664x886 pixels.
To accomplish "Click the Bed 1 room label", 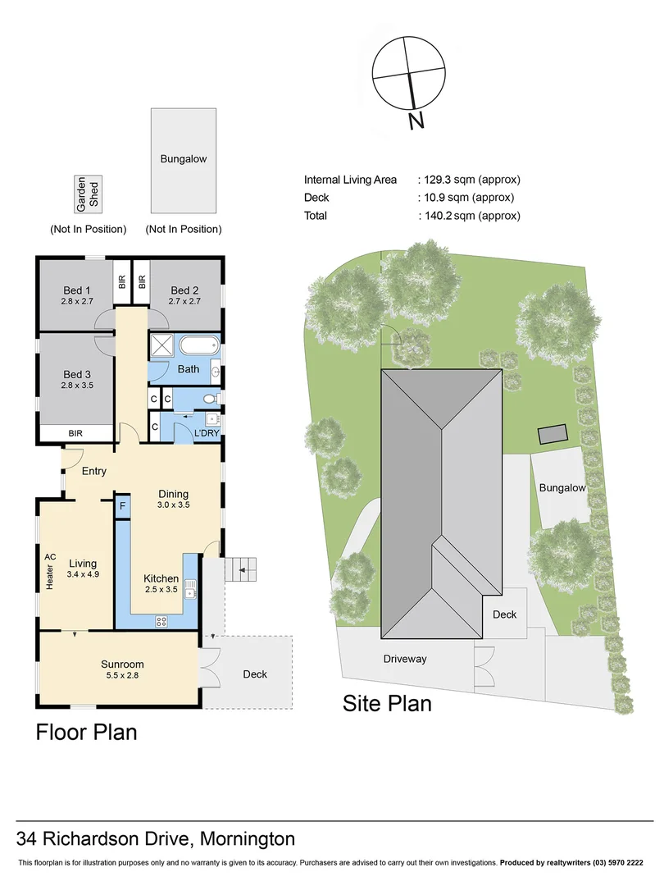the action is (77, 290).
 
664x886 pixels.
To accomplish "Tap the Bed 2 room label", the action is (184, 290).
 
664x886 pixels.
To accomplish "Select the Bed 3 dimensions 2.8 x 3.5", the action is (77, 386).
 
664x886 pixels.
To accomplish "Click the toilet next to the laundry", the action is (210, 399).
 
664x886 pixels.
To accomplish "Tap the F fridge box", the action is (122, 506).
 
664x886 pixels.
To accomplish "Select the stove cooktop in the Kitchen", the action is (161, 622).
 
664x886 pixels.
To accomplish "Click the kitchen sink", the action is (191, 589).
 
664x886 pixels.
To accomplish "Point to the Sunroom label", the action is (122, 664).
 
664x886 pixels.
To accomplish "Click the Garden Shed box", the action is (89, 194).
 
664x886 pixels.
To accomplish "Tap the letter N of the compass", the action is (416, 121).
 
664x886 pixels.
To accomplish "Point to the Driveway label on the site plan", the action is (405, 659).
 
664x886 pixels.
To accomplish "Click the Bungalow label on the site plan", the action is (562, 487).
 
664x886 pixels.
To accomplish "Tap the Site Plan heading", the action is (387, 704).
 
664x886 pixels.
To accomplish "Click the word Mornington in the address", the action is (248, 839).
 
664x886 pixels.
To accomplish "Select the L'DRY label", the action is (207, 433).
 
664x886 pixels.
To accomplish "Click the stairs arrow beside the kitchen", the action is (243, 570).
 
